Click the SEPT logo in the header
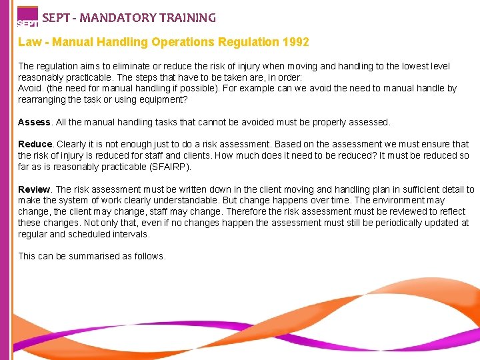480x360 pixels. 27,17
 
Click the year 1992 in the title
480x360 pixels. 295,42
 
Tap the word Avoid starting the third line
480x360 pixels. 30,89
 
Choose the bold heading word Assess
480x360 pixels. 34,122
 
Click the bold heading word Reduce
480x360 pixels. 35,144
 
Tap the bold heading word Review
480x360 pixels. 34,189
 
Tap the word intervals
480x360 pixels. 131,235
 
